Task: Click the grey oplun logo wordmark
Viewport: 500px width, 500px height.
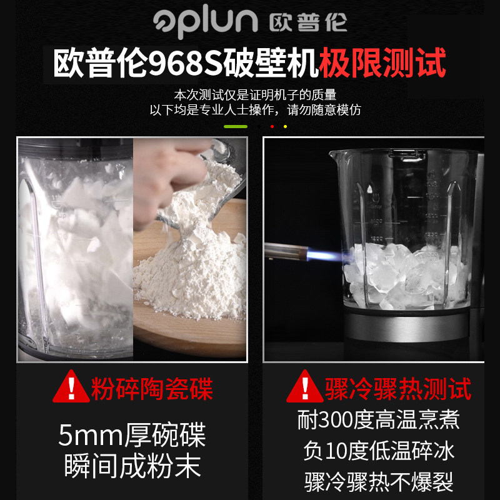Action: [x=206, y=21]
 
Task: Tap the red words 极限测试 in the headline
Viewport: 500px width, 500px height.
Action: [x=382, y=62]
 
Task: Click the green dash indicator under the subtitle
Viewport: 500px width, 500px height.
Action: [x=236, y=127]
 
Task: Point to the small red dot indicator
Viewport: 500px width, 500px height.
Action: [x=272, y=127]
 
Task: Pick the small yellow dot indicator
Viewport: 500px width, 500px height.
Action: [x=285, y=127]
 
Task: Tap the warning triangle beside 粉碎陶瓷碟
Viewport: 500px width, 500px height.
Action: [x=71, y=387]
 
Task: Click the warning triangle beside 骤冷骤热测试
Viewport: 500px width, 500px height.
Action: [x=305, y=387]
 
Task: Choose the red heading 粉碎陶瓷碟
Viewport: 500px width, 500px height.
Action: [x=152, y=389]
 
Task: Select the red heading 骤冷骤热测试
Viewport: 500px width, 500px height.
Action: [x=398, y=389]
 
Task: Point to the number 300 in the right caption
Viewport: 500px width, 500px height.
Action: [x=335, y=420]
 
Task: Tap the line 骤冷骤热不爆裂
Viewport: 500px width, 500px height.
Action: [x=379, y=482]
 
